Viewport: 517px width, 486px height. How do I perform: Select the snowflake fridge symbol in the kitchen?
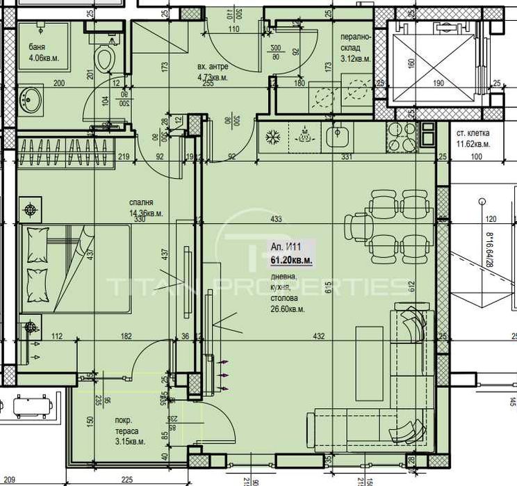[271, 136]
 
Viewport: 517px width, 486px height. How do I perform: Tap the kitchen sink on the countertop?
[340, 135]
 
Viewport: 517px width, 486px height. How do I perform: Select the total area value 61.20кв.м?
[291, 259]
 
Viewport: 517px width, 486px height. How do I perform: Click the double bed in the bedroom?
[75, 268]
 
